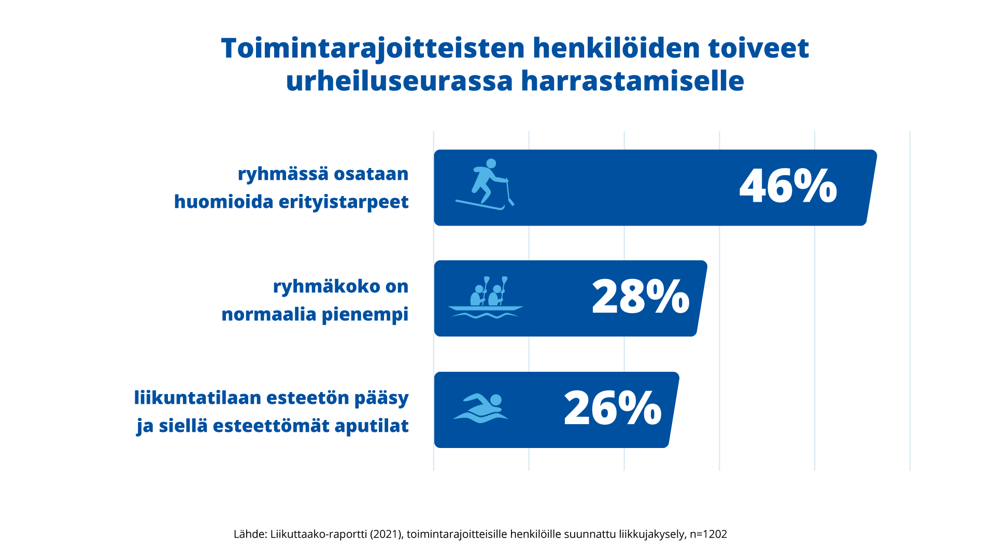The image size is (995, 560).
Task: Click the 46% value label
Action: tap(788, 186)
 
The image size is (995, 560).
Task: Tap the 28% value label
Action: tap(641, 297)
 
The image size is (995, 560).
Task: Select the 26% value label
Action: tap(613, 409)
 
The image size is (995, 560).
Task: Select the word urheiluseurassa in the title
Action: tap(399, 81)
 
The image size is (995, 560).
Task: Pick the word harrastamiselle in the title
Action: tap(632, 81)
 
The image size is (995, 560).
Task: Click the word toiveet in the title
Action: tap(758, 48)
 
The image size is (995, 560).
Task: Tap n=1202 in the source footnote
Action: tap(708, 534)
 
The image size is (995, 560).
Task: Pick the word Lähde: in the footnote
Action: tap(250, 534)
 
